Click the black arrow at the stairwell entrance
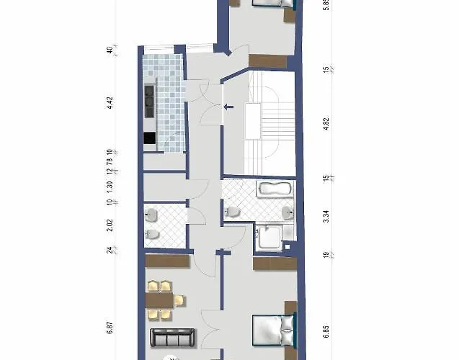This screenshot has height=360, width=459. (x=228, y=108)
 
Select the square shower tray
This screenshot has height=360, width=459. (x=270, y=235)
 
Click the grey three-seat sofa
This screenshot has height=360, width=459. (x=171, y=337)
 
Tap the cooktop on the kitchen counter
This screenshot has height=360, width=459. (x=149, y=100)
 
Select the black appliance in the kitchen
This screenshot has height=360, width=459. (x=149, y=139)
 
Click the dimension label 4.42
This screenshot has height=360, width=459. (x=110, y=102)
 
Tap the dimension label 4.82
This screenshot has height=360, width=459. (x=326, y=123)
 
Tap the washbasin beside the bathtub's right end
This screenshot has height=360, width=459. (x=288, y=212)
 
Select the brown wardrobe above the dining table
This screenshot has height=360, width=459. (x=167, y=261)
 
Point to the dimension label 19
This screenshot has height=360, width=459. (x=326, y=255)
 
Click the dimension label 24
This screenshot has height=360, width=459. (x=110, y=250)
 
